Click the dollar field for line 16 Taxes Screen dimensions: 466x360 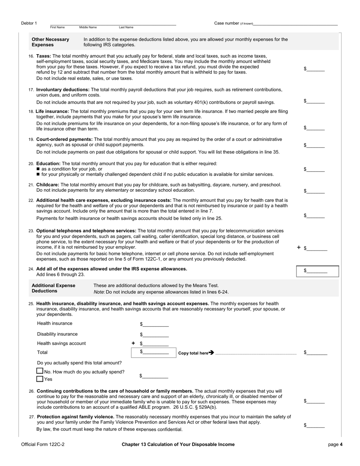point(315,69)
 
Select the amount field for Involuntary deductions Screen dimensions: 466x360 point(315,101)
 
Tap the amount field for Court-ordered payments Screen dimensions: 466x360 point(315,145)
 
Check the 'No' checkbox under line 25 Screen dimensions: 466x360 point(40,371)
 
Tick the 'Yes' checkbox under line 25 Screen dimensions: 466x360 point(40,379)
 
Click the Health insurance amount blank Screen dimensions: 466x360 point(155,324)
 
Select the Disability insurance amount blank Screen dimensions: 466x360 point(155,335)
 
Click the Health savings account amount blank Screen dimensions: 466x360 point(155,344)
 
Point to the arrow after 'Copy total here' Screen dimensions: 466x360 point(211,353)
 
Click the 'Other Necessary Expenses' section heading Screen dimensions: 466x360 point(50,42)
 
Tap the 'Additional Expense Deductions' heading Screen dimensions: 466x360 point(53,288)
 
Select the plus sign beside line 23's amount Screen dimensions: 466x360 point(299,247)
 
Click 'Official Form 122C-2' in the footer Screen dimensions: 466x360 point(43,444)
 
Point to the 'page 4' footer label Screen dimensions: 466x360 point(335,444)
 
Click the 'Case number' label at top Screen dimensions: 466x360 point(227,23)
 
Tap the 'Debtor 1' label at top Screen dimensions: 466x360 point(29,23)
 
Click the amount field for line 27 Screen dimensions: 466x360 point(315,426)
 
